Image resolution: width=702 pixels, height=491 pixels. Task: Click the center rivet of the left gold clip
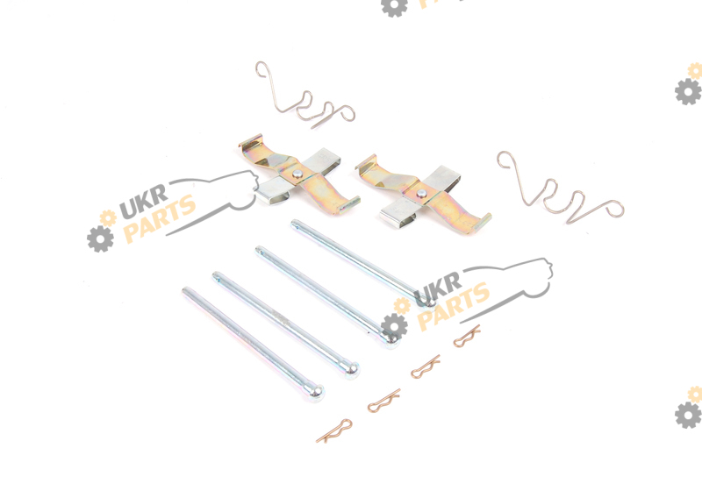297,174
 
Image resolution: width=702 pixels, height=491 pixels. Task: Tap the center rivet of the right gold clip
421,193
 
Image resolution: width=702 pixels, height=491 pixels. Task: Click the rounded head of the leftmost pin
315,393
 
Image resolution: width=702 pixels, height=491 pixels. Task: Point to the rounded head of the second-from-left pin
350,369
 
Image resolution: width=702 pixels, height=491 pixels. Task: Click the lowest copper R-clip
334,431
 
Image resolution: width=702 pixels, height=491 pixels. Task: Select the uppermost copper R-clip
467,337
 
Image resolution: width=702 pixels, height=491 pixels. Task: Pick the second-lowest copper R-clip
383,401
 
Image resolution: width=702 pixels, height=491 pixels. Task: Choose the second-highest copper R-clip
426,366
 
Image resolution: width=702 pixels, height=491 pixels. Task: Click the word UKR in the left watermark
144,202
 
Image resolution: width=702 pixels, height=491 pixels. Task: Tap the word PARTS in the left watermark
160,218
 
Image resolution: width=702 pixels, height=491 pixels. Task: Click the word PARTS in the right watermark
454,306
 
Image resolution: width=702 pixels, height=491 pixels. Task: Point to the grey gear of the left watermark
100,238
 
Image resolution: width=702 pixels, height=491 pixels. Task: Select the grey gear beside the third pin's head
394,326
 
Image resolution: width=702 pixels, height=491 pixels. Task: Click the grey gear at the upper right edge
688,92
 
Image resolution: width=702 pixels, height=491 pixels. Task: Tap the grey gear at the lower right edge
688,415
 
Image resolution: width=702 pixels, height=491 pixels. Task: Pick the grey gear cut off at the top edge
394,7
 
